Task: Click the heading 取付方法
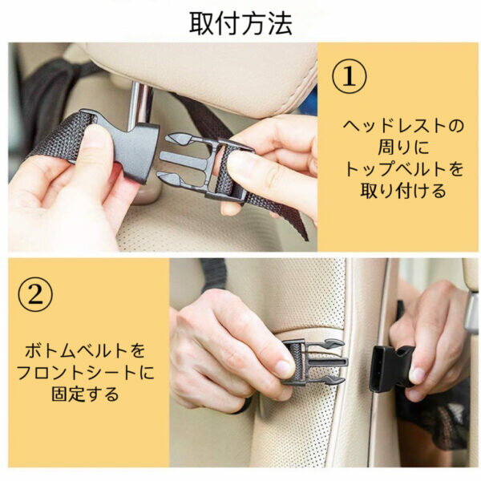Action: click(240, 23)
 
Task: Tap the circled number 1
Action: click(349, 76)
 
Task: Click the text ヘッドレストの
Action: click(403, 126)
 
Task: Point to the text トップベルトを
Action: click(403, 169)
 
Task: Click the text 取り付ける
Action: click(403, 191)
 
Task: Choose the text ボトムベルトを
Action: click(85, 350)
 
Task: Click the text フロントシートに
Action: click(85, 373)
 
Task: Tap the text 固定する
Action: click(85, 394)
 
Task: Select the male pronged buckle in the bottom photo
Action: click(314, 362)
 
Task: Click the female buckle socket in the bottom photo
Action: click(390, 369)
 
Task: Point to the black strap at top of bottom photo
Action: click(213, 273)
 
